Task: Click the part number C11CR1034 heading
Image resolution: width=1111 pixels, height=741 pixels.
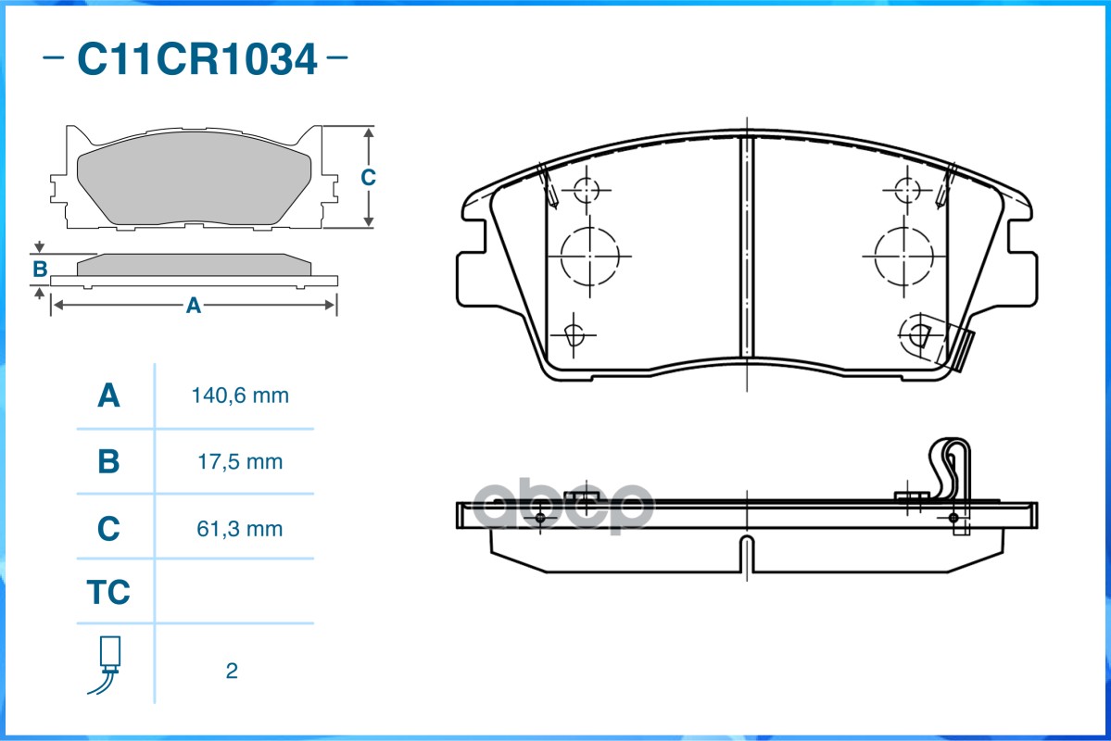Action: point(196,60)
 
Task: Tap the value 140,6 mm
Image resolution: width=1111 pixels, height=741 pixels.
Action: point(240,396)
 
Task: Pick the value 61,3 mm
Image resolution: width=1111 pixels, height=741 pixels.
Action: point(240,529)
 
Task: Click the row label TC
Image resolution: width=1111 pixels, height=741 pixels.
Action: point(108,592)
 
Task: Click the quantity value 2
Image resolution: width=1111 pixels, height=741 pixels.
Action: point(232,671)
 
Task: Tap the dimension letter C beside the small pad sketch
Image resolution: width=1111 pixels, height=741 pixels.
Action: point(368,177)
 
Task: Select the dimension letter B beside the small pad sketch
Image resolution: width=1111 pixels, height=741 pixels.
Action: point(40,270)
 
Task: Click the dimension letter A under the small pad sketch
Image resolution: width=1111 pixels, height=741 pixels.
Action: point(193,306)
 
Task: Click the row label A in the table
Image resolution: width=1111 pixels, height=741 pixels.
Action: point(108,396)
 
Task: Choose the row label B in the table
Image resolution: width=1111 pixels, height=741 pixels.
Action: point(108,461)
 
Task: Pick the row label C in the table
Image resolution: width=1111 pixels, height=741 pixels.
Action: point(108,529)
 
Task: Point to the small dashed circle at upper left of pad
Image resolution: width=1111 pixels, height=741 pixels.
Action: point(586,190)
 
